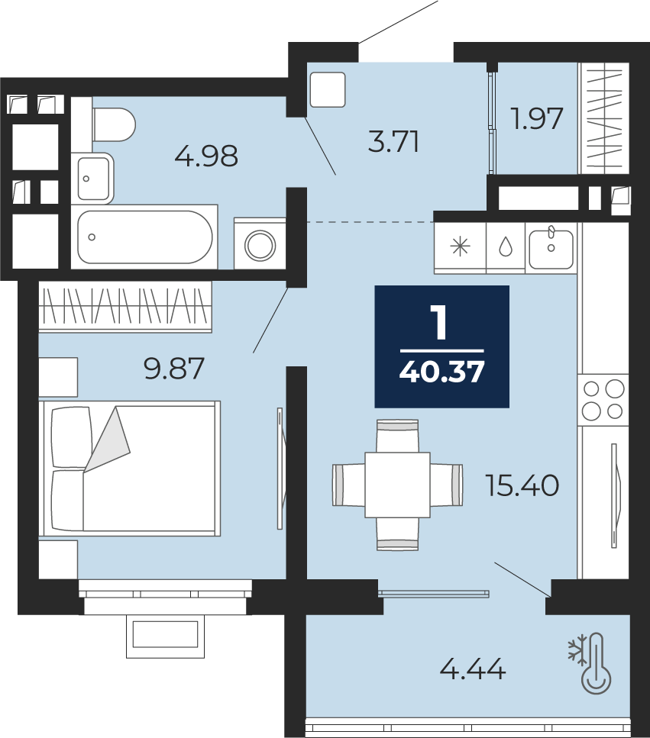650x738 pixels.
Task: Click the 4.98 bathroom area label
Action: [x=205, y=156]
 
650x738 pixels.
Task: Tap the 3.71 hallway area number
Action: [x=393, y=142]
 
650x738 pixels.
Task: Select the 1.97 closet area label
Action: [x=537, y=118]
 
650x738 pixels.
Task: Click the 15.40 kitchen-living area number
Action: [x=522, y=485]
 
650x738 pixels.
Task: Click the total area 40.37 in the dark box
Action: [x=441, y=372]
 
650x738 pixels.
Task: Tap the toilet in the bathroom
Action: [x=114, y=124]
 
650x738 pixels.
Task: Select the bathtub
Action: [x=144, y=237]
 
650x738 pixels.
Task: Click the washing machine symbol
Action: [x=260, y=243]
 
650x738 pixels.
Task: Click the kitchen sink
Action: [x=551, y=248]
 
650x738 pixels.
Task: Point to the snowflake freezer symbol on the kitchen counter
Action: [x=460, y=247]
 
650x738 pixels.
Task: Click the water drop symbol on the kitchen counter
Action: [x=506, y=247]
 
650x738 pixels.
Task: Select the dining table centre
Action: [x=397, y=485]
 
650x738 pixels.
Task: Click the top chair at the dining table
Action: [x=397, y=436]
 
